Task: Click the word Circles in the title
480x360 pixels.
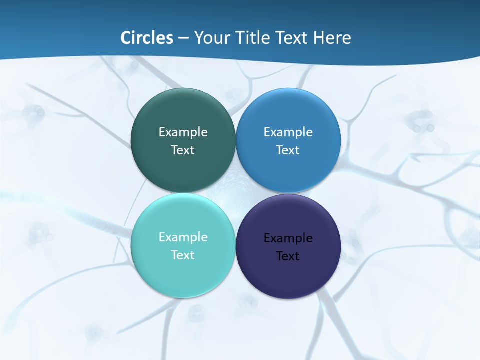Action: click(147, 38)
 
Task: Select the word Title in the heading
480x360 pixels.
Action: click(254, 38)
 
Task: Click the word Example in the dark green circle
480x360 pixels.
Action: click(183, 132)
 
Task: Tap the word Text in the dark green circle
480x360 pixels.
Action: click(183, 150)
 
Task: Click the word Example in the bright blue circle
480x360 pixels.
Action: click(288, 132)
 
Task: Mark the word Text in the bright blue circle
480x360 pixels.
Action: click(288, 150)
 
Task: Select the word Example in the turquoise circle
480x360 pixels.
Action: click(183, 237)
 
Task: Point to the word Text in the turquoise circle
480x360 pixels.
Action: click(183, 255)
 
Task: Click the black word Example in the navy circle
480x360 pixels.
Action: click(288, 238)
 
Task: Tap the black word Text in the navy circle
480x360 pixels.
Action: click(288, 256)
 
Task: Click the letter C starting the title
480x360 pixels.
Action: click(126, 38)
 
